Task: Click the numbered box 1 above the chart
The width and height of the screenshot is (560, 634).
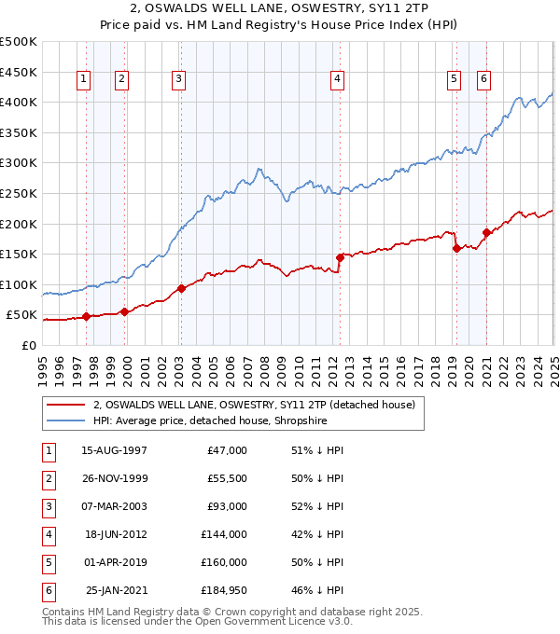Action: pos(84,79)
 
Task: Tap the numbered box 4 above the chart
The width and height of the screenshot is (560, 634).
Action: pos(335,79)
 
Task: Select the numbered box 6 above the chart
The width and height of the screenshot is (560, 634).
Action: pos(483,79)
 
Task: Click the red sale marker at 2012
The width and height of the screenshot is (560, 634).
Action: pos(340,257)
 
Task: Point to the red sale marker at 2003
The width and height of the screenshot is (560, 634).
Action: pos(181,288)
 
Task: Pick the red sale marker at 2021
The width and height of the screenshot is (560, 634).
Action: pos(486,232)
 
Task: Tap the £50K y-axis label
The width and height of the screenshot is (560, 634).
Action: pos(22,315)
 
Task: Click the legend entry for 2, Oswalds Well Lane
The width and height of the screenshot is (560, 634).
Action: pos(253,405)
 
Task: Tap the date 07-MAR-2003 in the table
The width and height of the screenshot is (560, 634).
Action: pos(114,506)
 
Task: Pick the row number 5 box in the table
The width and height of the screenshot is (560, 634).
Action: pos(46,562)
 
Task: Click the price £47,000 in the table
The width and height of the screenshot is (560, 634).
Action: pos(226,450)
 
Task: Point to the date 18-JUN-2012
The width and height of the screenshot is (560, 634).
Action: pos(116,534)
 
